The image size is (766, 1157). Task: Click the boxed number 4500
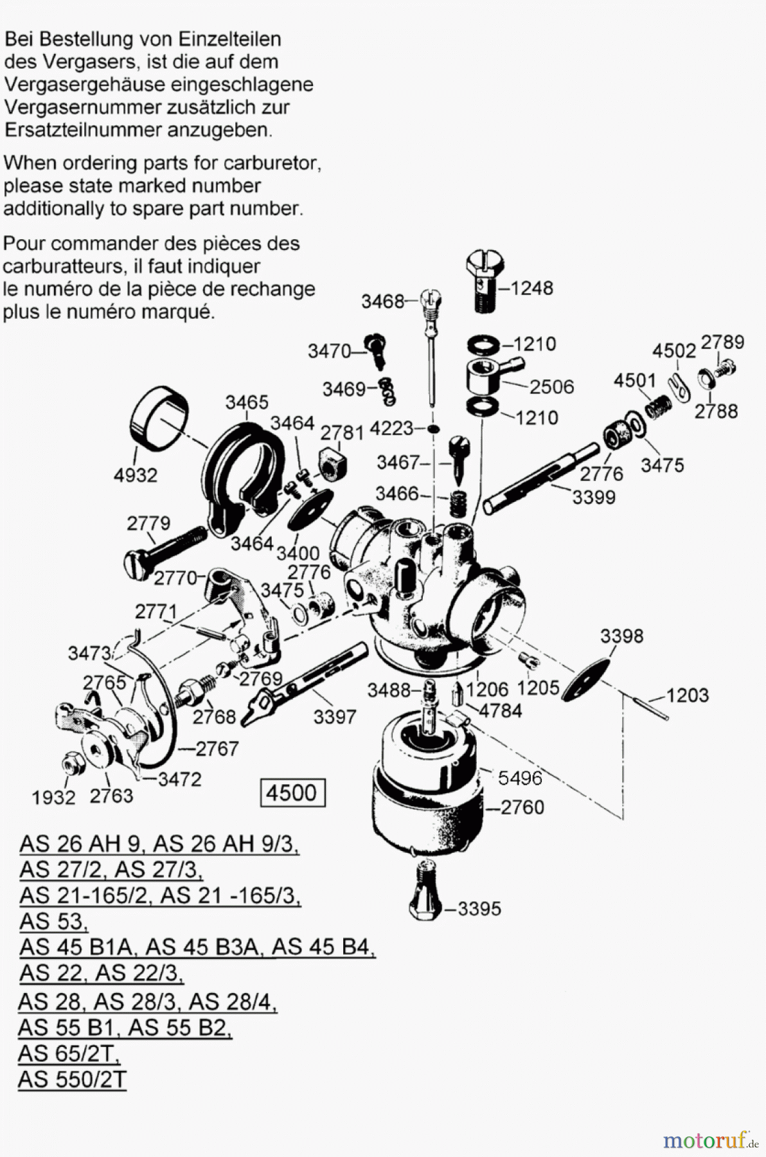click(x=292, y=793)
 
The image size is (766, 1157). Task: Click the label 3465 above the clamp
click(x=247, y=402)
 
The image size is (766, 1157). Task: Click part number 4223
click(x=392, y=428)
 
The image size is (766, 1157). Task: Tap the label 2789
click(x=722, y=342)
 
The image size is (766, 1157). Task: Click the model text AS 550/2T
click(x=73, y=1079)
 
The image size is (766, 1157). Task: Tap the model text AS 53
click(x=53, y=921)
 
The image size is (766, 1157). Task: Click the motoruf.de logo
click(x=710, y=1140)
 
